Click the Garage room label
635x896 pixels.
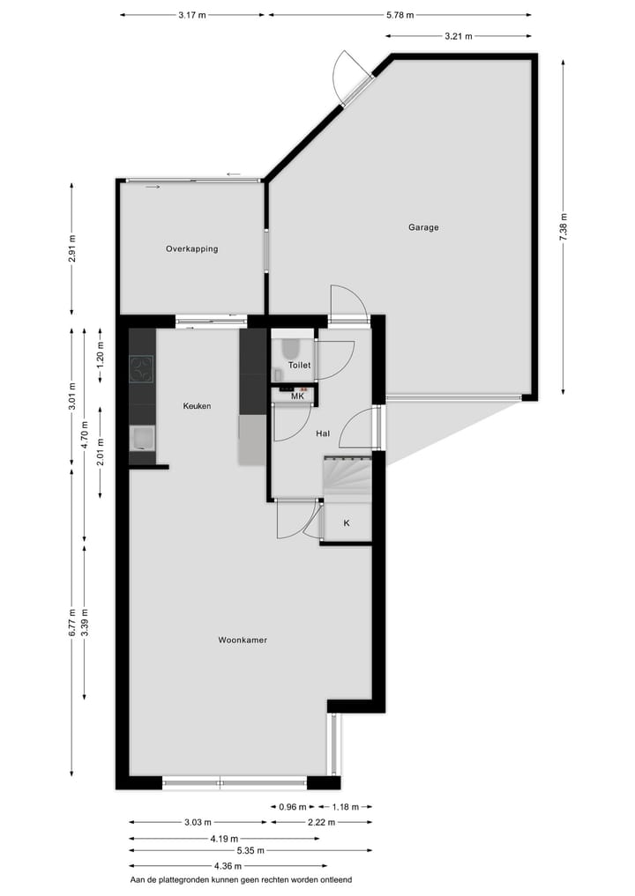click(x=423, y=227)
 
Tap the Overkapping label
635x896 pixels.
click(x=191, y=249)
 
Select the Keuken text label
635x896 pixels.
click(x=197, y=406)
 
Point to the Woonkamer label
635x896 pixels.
click(x=243, y=641)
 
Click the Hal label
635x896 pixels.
click(x=323, y=433)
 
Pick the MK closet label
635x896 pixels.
click(x=297, y=396)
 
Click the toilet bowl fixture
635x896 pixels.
click(x=288, y=352)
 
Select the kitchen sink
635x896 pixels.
click(x=142, y=438)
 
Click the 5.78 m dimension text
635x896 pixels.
click(x=400, y=15)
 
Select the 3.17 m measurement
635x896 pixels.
click(x=192, y=15)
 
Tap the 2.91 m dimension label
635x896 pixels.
click(x=72, y=249)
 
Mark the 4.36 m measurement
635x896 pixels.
click(x=228, y=866)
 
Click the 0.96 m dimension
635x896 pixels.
click(x=293, y=807)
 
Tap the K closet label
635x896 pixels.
click(x=346, y=523)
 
